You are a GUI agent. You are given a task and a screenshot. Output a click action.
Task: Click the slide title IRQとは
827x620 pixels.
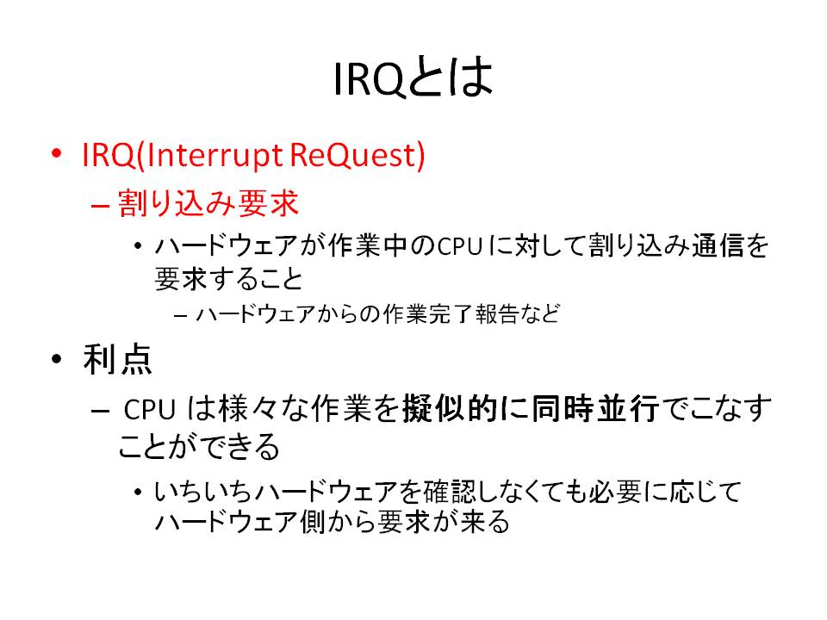pyautogui.click(x=413, y=78)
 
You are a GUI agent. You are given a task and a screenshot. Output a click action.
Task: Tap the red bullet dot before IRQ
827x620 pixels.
pyautogui.click(x=57, y=153)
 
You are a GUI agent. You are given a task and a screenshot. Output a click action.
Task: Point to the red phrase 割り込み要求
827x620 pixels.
pyautogui.click(x=208, y=203)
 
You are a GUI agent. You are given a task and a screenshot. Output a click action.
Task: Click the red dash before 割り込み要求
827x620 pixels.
pyautogui.click(x=100, y=205)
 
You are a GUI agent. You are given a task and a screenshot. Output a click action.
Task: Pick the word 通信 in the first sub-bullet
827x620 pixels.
pyautogui.click(x=717, y=245)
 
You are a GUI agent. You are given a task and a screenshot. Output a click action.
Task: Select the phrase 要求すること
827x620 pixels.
pyautogui.click(x=228, y=278)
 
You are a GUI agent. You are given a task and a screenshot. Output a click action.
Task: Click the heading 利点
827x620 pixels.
pyautogui.click(x=118, y=359)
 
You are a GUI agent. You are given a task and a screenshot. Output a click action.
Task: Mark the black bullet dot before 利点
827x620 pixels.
pyautogui.click(x=57, y=359)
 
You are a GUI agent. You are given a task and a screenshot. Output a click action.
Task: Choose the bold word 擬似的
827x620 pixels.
pyautogui.click(x=450, y=408)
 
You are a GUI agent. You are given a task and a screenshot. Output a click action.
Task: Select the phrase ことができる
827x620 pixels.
pyautogui.click(x=199, y=447)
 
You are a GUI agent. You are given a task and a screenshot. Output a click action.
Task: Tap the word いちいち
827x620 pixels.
pyautogui.click(x=202, y=492)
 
